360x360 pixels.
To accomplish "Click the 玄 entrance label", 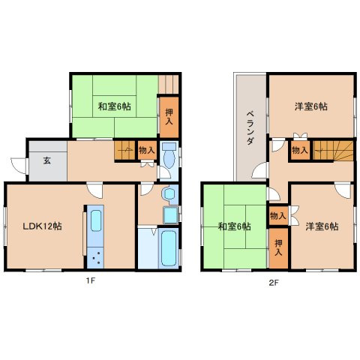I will pyautogui.click(x=46, y=159).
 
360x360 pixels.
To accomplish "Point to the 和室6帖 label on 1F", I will pyautogui.click(x=113, y=106).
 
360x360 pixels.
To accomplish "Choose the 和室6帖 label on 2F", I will pyautogui.click(x=234, y=225).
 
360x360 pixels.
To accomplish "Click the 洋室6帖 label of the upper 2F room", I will pyautogui.click(x=310, y=106).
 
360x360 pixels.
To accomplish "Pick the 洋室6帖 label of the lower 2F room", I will pyautogui.click(x=321, y=225).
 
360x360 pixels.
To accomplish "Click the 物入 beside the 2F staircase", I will pyautogui.click(x=299, y=150).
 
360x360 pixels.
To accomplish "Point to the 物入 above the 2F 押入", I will pyautogui.click(x=277, y=216).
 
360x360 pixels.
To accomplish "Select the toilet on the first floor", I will pyautogui.click(x=169, y=159).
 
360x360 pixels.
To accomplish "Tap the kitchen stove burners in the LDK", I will pyautogui.click(x=96, y=259).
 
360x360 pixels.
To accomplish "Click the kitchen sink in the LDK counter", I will pyautogui.click(x=95, y=223).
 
